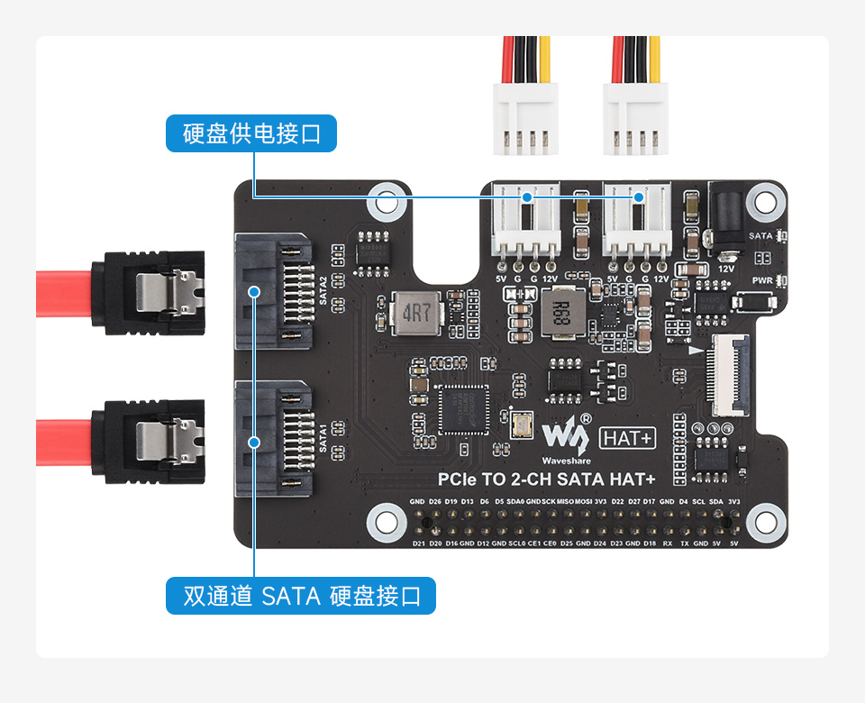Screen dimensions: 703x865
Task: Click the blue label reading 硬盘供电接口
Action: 251,133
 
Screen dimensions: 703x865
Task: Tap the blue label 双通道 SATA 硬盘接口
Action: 300,596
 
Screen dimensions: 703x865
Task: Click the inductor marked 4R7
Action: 416,314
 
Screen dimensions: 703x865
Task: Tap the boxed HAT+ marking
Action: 627,439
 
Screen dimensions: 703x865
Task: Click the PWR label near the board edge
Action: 762,280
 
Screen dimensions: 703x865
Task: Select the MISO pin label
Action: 565,501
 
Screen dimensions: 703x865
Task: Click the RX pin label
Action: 667,543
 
